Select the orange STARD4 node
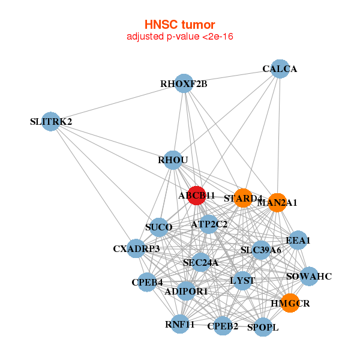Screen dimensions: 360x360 [243, 197]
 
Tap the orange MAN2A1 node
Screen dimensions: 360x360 [277, 202]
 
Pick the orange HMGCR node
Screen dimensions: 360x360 [290, 303]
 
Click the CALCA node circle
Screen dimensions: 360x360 [280, 68]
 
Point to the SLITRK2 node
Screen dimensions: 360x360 [51, 121]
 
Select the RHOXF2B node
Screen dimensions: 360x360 [184, 83]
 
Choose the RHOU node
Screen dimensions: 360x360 [173, 160]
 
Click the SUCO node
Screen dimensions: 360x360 [158, 227]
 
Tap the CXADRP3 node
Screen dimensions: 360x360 [136, 248]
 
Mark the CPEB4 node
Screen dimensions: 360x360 [147, 282]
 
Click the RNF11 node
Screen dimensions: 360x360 [180, 325]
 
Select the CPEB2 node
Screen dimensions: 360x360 [223, 326]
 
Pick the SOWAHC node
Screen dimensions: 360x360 [309, 276]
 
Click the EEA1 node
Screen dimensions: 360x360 [298, 241]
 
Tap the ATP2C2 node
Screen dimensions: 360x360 [209, 224]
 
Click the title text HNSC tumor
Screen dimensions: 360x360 [179, 25]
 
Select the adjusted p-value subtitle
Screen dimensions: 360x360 [179, 37]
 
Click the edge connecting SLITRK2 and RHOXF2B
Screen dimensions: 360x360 [117, 103]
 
